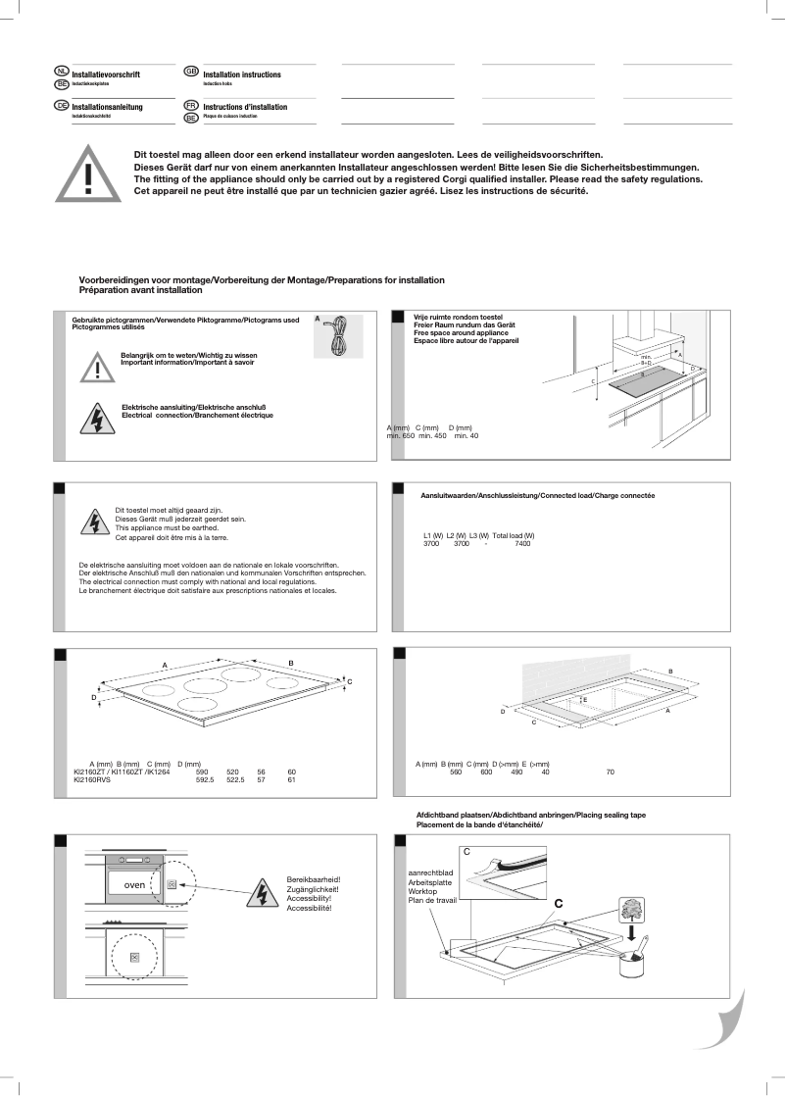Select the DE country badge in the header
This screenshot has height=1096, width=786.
(62, 105)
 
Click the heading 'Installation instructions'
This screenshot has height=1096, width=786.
(242, 75)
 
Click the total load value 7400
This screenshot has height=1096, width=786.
(522, 543)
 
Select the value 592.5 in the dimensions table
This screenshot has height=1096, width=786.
(205, 780)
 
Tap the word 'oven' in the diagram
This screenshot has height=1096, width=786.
(134, 884)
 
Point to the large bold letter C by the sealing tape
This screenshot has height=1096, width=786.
(558, 902)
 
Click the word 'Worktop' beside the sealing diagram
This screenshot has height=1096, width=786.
(422, 889)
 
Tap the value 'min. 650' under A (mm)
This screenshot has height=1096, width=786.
(401, 434)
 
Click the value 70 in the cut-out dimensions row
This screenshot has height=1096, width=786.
(610, 772)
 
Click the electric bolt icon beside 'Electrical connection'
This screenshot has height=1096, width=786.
(97, 417)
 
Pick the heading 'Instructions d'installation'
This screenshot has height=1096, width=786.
(245, 107)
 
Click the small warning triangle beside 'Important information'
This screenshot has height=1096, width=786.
(97, 366)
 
